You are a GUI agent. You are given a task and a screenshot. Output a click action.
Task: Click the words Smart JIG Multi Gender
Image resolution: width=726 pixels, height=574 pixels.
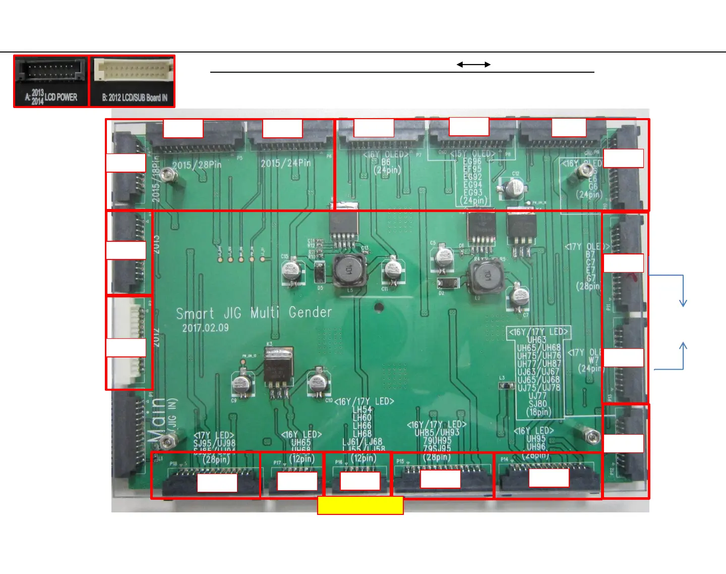coord(254,313)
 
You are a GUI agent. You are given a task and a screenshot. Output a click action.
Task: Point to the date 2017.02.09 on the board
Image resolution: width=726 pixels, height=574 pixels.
coord(205,328)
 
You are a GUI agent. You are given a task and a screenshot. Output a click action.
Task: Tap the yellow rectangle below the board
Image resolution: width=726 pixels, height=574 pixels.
coord(360,505)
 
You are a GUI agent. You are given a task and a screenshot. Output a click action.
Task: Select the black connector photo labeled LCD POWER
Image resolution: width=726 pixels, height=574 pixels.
coord(51,81)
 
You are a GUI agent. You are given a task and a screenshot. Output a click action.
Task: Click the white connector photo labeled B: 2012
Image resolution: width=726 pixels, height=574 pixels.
coord(132,81)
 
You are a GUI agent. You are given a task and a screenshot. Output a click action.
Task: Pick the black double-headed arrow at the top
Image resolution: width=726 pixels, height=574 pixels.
coord(473,65)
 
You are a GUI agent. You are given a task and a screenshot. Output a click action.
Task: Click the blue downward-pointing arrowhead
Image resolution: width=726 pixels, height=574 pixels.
coord(683,302)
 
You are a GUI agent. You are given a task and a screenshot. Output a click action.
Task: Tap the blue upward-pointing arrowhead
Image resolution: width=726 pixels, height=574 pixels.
coord(683,346)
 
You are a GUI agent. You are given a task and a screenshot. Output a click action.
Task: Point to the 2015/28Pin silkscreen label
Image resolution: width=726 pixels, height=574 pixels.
coord(197,165)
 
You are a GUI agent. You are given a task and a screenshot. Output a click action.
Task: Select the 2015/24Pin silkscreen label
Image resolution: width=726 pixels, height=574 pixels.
coord(285,164)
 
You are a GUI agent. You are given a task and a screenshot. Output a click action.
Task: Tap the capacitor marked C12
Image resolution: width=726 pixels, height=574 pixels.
coord(514,188)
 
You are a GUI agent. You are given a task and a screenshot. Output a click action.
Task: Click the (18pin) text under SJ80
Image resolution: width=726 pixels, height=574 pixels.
coord(538,411)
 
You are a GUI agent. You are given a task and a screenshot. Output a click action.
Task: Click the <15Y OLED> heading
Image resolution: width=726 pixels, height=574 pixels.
coord(472,154)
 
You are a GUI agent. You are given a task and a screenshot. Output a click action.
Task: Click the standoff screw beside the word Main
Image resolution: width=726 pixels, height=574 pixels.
coord(166,443)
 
